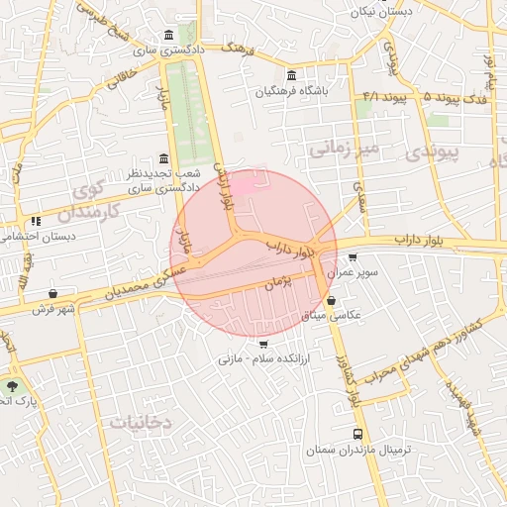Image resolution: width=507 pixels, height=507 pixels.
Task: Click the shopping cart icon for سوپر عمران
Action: (x=353, y=257)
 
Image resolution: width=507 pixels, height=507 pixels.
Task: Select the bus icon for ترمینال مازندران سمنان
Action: (x=357, y=434)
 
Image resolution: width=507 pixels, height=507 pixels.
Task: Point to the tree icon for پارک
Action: (x=12, y=386)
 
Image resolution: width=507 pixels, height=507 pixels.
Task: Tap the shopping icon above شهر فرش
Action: (x=52, y=293)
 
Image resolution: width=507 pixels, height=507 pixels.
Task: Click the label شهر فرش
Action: (x=52, y=309)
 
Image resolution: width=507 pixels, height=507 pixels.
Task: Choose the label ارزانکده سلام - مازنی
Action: (x=262, y=358)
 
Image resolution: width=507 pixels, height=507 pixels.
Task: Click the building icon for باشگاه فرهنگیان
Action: (x=290, y=75)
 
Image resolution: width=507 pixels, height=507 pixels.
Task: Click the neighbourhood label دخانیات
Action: (x=139, y=422)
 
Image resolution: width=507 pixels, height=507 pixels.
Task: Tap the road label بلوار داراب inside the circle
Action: (x=291, y=248)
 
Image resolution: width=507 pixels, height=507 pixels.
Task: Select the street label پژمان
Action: (x=280, y=283)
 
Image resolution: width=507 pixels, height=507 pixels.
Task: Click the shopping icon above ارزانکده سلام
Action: (x=262, y=344)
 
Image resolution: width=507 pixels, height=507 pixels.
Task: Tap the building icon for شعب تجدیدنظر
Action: (x=163, y=159)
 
